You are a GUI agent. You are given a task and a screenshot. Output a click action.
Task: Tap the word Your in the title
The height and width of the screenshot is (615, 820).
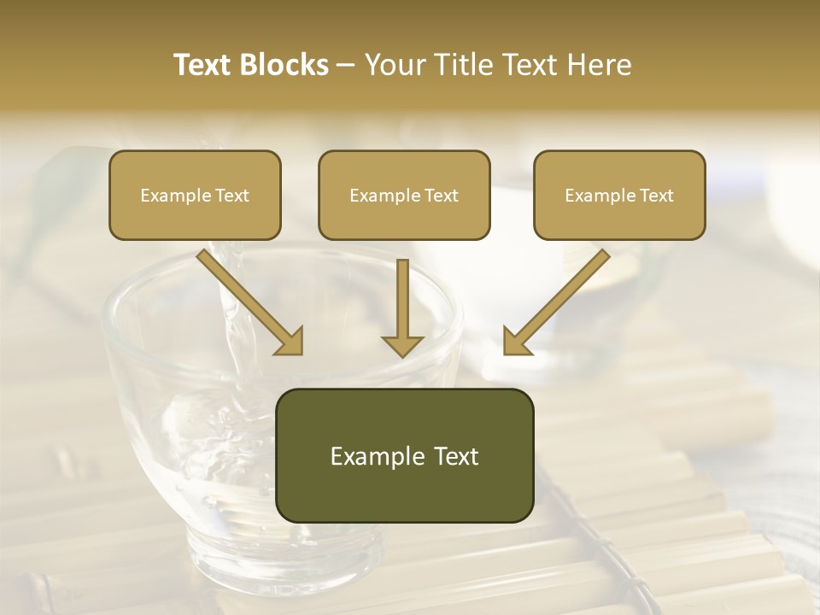pos(395,65)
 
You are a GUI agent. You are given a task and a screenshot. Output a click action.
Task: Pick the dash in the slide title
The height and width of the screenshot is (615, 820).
pos(346,66)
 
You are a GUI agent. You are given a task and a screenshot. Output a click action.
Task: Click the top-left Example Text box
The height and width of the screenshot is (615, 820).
pos(195,195)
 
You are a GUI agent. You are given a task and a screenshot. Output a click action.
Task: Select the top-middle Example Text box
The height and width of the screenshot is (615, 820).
pos(404,195)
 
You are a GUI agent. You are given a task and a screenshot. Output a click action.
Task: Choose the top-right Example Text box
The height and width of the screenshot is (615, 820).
pos(619,195)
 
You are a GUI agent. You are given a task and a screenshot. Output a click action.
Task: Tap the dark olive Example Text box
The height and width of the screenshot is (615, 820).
pos(404,455)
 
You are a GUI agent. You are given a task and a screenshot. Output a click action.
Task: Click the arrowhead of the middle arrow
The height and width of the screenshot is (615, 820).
pos(402,344)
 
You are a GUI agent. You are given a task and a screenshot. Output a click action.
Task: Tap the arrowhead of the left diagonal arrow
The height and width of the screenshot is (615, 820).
pos(290,341)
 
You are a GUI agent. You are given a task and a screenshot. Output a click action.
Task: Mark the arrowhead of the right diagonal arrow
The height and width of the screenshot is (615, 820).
pos(516,341)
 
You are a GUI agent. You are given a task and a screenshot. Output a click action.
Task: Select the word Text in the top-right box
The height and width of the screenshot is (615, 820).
pos(656,195)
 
